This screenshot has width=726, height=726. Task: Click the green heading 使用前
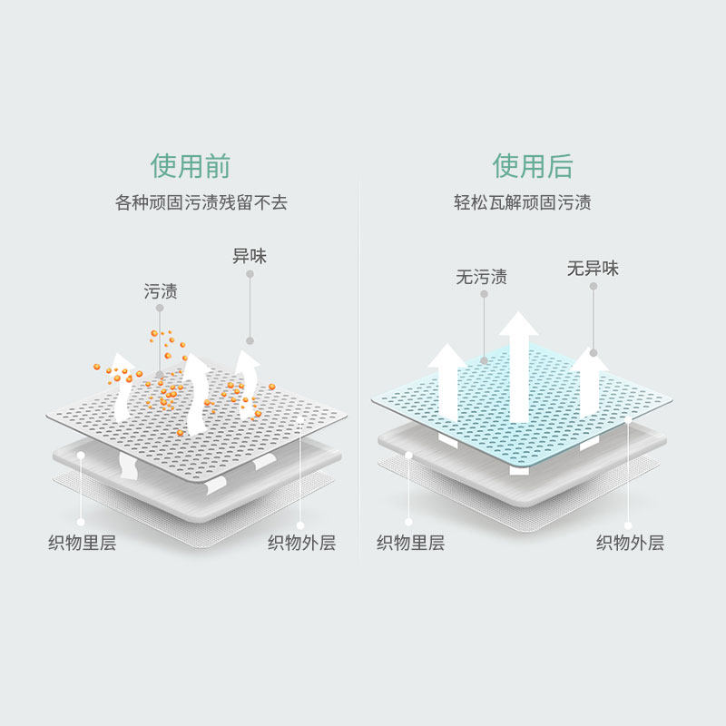coord(191,166)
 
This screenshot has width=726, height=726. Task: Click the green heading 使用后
coord(533,166)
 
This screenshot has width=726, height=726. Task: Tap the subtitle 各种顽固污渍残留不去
coord(201,202)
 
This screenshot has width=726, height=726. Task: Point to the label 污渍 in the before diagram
coord(161,291)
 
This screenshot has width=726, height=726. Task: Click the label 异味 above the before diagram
coord(250,256)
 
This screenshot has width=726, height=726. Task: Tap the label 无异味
coord(593,269)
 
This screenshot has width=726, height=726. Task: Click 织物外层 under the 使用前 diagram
coord(301,543)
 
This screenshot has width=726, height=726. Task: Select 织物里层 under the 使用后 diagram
coord(410,543)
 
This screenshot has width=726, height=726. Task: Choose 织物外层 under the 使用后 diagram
coord(630,543)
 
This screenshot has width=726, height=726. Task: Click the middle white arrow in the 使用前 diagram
coord(196,390)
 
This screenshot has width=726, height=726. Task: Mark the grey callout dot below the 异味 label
coord(250,341)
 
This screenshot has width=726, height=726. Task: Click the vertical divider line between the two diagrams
coord(359,363)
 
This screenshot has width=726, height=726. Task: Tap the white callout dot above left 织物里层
coord(81,454)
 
